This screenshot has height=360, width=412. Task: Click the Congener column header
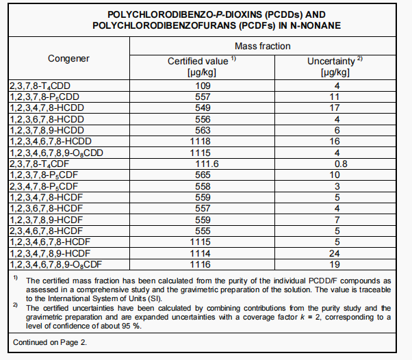[x=68, y=58]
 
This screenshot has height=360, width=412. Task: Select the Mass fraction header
[x=262, y=46]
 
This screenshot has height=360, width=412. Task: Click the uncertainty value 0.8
[x=335, y=164]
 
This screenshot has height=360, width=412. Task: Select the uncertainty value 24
[x=335, y=253]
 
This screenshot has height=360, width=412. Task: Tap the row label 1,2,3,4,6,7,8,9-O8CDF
[x=56, y=263]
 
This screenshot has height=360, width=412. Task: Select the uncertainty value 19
[x=335, y=263]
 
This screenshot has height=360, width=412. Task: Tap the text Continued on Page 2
[x=51, y=342]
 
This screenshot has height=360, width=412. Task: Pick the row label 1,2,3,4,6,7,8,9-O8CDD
[x=56, y=153]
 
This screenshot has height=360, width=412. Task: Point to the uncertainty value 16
[x=335, y=141]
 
